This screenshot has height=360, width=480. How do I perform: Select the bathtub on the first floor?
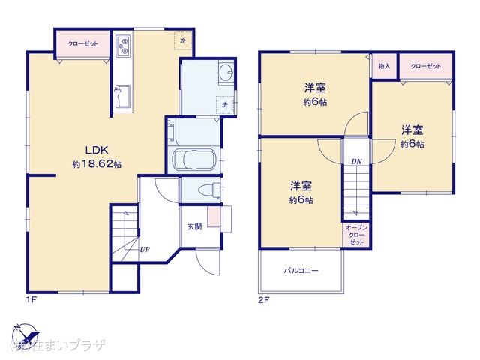click(194, 159)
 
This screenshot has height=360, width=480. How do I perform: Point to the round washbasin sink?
click(224, 73)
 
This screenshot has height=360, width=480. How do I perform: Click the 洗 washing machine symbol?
click(223, 104)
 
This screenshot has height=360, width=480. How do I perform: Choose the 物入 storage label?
click(384, 66)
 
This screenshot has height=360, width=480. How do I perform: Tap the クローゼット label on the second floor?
click(425, 66)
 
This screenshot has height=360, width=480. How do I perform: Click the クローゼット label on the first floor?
click(82, 44)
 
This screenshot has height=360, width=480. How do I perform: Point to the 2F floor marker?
click(263, 301)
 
